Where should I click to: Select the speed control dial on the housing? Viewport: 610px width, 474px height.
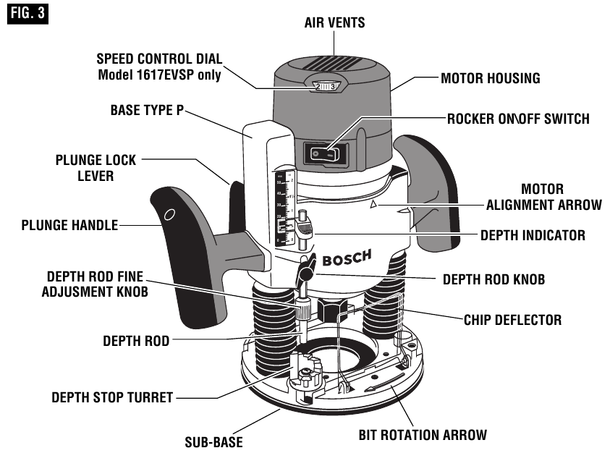(326, 87)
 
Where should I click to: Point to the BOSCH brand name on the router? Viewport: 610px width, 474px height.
(347, 258)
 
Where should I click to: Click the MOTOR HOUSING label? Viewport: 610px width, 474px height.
(491, 78)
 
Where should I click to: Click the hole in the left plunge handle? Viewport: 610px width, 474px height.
(168, 213)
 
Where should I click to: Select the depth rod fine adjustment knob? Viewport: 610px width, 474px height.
(300, 313)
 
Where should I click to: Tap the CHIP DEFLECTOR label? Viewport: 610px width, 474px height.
(512, 318)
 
